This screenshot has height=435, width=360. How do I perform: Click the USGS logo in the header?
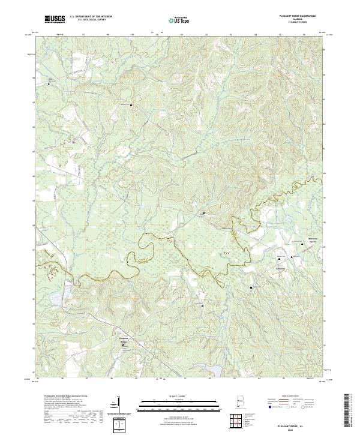click(x=55, y=19)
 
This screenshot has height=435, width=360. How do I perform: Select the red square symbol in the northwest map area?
click(x=73, y=142)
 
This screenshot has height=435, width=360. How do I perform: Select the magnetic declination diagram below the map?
click(x=118, y=405)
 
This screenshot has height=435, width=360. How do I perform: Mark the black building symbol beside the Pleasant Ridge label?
click(x=123, y=344)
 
